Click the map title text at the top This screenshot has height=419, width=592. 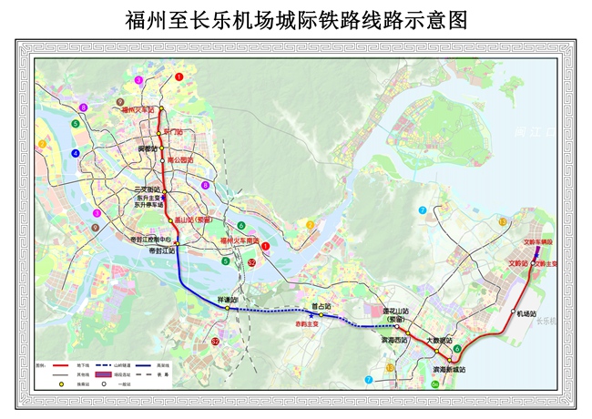pyautogui.click(x=296, y=21)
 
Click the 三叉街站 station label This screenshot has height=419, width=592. pyautogui.click(x=136, y=189)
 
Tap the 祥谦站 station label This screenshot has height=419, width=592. pyautogui.click(x=228, y=299)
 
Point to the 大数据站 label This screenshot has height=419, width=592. pyautogui.click(x=440, y=339)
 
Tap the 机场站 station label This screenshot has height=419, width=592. pyautogui.click(x=527, y=313)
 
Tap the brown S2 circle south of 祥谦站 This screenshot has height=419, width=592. pyautogui.click(x=215, y=342)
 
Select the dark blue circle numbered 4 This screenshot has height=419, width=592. pyautogui.click(x=76, y=153)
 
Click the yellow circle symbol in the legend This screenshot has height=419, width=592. pyautogui.click(x=61, y=384)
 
